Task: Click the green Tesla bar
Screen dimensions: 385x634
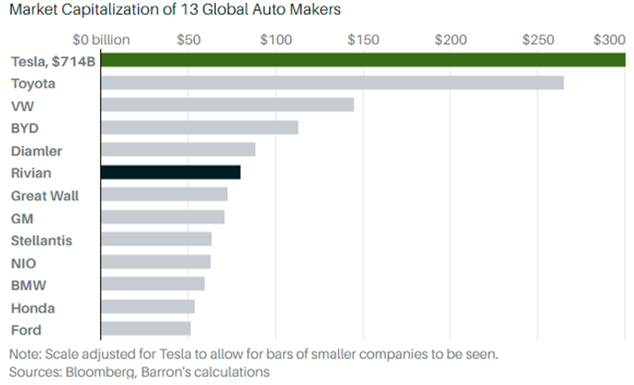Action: coord(363,61)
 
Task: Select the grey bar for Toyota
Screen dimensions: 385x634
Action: coord(332,83)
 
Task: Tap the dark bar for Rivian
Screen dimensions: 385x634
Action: coord(170,172)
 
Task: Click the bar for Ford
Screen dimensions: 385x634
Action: coord(145,328)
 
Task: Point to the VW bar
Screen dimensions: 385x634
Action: coord(227,105)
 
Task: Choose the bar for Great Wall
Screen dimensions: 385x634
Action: coord(164,194)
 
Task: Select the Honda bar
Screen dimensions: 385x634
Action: coord(147,306)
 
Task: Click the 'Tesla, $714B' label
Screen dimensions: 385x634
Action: coord(53,62)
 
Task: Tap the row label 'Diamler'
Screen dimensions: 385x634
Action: coord(37,151)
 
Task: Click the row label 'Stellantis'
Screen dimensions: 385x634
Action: coord(41,240)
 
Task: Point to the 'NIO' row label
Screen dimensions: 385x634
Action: coord(24,262)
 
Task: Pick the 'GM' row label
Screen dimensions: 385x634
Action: coord(22,218)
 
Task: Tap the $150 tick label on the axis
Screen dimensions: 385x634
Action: coord(363,40)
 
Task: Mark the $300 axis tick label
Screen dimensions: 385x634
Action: coord(609,40)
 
